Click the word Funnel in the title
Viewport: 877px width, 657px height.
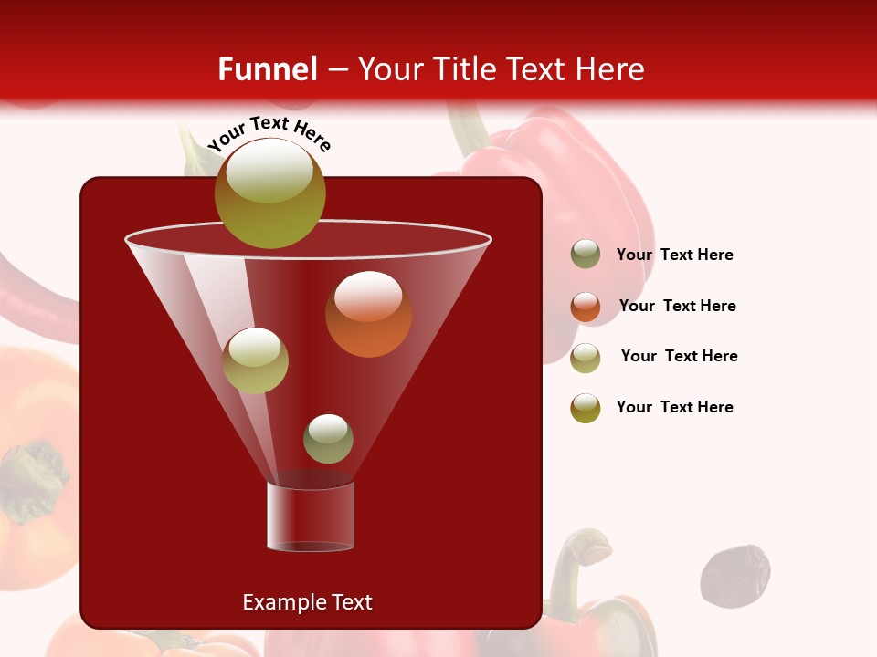click(x=268, y=69)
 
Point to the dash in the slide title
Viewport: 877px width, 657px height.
click(x=337, y=70)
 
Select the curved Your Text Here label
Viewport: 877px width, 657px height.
click(x=269, y=134)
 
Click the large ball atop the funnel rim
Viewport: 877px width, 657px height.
click(x=269, y=193)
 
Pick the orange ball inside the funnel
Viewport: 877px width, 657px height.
click(x=368, y=314)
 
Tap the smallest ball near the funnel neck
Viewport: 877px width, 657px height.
click(x=328, y=438)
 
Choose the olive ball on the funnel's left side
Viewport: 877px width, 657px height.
click(x=255, y=360)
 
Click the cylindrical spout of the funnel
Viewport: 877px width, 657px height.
click(x=311, y=516)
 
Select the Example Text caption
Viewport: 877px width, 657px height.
click(x=308, y=602)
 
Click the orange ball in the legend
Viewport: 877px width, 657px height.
click(x=586, y=307)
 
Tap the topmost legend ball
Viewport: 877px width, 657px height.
click(x=586, y=255)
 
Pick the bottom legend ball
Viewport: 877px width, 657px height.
click(x=586, y=408)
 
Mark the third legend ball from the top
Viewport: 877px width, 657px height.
click(x=586, y=357)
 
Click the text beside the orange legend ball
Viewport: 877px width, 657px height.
click(x=677, y=306)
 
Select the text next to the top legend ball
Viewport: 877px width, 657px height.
click(x=675, y=255)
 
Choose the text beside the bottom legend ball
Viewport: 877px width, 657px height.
click(x=675, y=407)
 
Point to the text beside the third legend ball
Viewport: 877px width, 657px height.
click(x=679, y=356)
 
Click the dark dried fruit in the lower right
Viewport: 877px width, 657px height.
click(x=734, y=576)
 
